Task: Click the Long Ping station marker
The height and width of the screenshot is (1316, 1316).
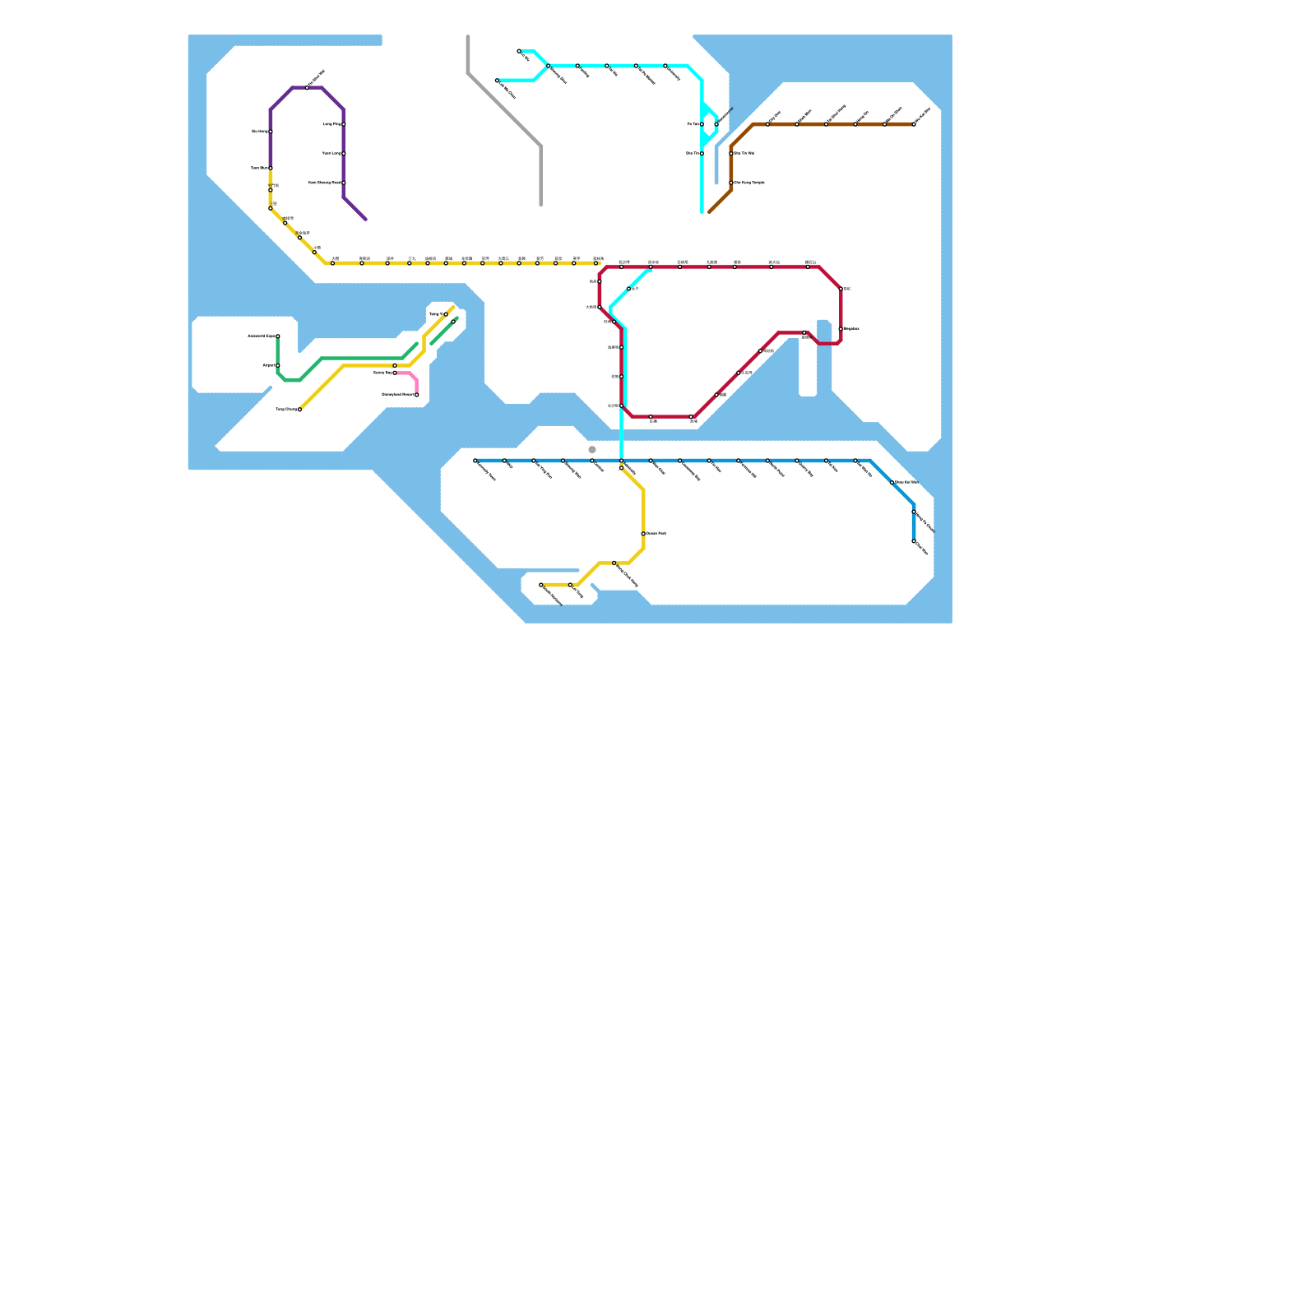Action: [344, 124]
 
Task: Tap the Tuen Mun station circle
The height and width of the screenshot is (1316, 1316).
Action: [271, 168]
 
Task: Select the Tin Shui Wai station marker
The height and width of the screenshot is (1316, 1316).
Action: [308, 87]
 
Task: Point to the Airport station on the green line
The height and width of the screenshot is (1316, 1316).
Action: [278, 365]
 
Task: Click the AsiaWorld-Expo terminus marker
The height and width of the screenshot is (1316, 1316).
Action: [278, 336]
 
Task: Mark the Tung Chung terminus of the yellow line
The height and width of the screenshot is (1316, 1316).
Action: [299, 409]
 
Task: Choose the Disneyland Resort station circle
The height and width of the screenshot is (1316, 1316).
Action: [417, 395]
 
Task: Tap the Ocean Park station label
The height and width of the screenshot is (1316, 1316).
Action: [656, 534]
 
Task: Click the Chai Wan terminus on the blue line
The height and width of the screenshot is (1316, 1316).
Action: [914, 541]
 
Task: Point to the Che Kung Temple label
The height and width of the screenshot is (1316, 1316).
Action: [749, 183]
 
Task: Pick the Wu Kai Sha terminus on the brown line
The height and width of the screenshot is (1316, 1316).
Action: [914, 124]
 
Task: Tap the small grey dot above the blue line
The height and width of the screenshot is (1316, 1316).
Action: [592, 450]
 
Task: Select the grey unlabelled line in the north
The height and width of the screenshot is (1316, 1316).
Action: [503, 109]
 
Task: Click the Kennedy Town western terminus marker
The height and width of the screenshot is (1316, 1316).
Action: [475, 461]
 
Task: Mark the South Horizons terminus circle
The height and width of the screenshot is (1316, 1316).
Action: [541, 585]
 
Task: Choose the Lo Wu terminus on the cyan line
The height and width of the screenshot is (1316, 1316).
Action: [519, 51]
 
